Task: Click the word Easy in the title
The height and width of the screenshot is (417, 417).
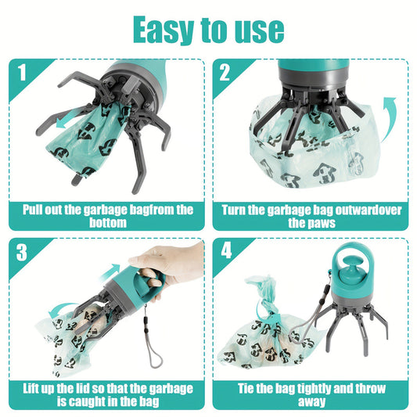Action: click(x=165, y=29)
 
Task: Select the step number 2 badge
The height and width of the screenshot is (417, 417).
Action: click(x=225, y=73)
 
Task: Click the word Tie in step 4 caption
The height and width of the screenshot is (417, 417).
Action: click(x=248, y=388)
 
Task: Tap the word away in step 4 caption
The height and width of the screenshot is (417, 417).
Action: click(x=311, y=402)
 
